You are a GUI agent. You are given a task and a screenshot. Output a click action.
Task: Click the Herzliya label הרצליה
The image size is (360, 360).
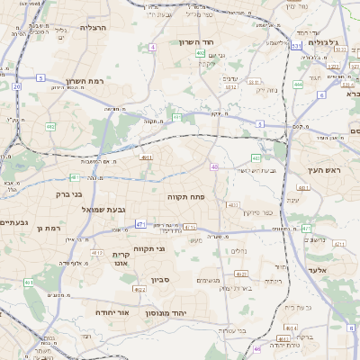(93, 28)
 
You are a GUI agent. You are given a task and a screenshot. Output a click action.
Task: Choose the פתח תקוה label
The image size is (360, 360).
(185, 195)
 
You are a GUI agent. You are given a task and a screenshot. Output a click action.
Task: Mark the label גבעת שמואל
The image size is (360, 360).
(103, 209)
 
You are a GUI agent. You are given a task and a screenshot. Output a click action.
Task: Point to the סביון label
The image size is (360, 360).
(160, 279)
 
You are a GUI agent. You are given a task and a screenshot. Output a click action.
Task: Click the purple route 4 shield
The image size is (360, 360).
(153, 46)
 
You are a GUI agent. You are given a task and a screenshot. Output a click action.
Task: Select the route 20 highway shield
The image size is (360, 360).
(16, 86)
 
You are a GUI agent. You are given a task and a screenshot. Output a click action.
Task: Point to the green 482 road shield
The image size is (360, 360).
(50, 127)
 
